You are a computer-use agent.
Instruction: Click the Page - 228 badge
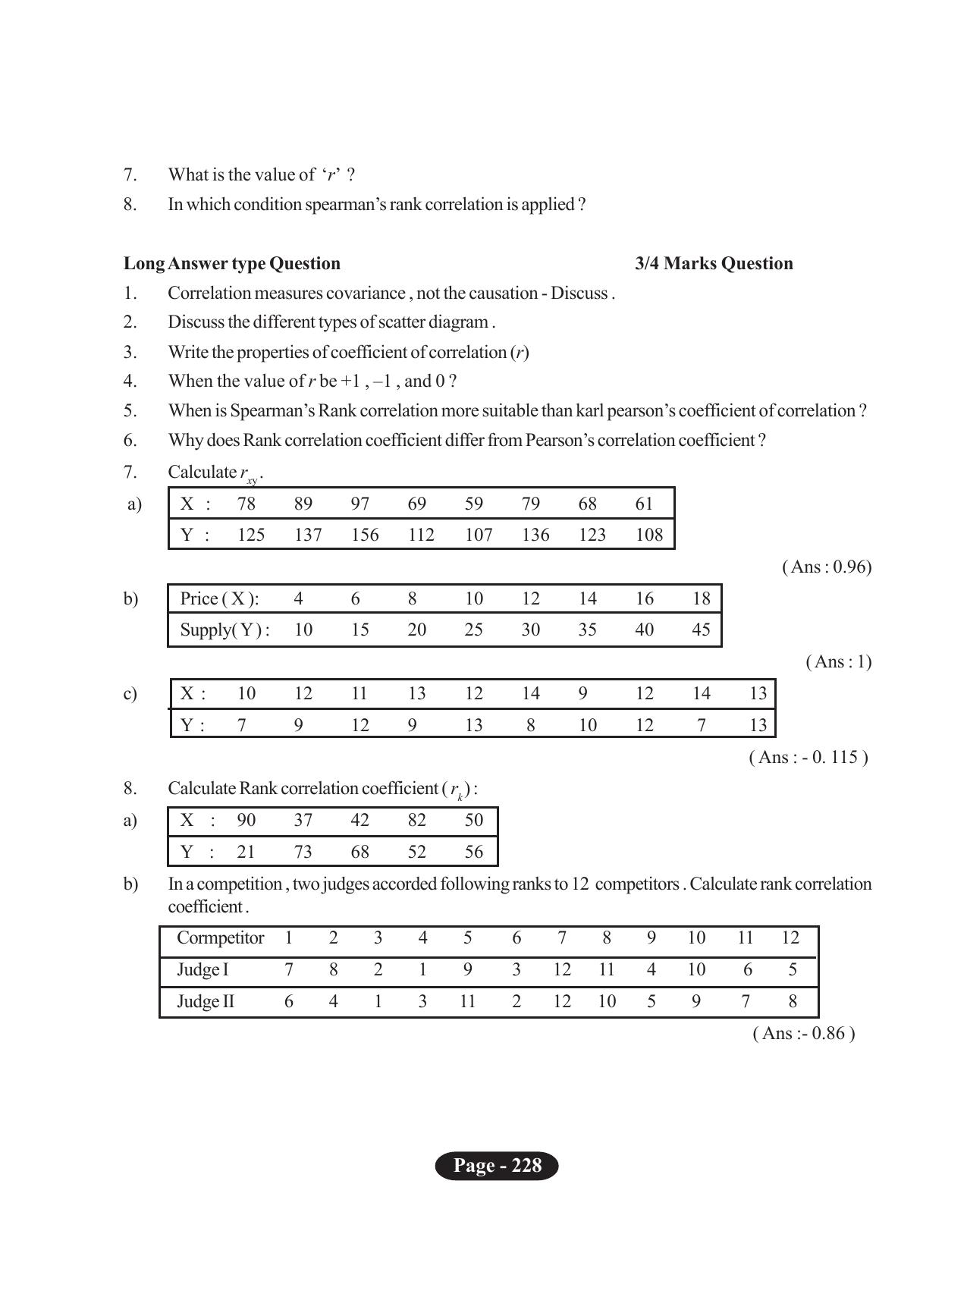tap(497, 1165)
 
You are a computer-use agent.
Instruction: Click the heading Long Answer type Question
tap(232, 263)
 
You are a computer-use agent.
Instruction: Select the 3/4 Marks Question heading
tap(714, 263)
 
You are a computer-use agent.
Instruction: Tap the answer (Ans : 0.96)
tap(827, 567)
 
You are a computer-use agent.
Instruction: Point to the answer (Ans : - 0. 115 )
tap(808, 757)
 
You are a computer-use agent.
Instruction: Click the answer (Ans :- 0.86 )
tap(803, 1033)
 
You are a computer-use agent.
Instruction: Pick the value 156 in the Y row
tap(365, 535)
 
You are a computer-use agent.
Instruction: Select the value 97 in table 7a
tap(360, 504)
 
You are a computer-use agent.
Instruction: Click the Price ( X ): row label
tap(219, 598)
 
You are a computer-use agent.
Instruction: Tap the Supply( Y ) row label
tap(224, 630)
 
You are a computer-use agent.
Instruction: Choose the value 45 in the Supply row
tap(701, 630)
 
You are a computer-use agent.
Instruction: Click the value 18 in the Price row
tap(701, 598)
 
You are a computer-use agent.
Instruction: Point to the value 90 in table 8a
tap(246, 820)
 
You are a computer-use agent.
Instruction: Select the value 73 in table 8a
tap(303, 852)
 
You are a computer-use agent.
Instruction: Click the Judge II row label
tap(206, 1001)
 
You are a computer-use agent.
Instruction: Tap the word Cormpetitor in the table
tap(220, 937)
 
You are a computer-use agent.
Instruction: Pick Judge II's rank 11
tap(467, 1001)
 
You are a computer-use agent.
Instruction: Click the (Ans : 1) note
tap(838, 661)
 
